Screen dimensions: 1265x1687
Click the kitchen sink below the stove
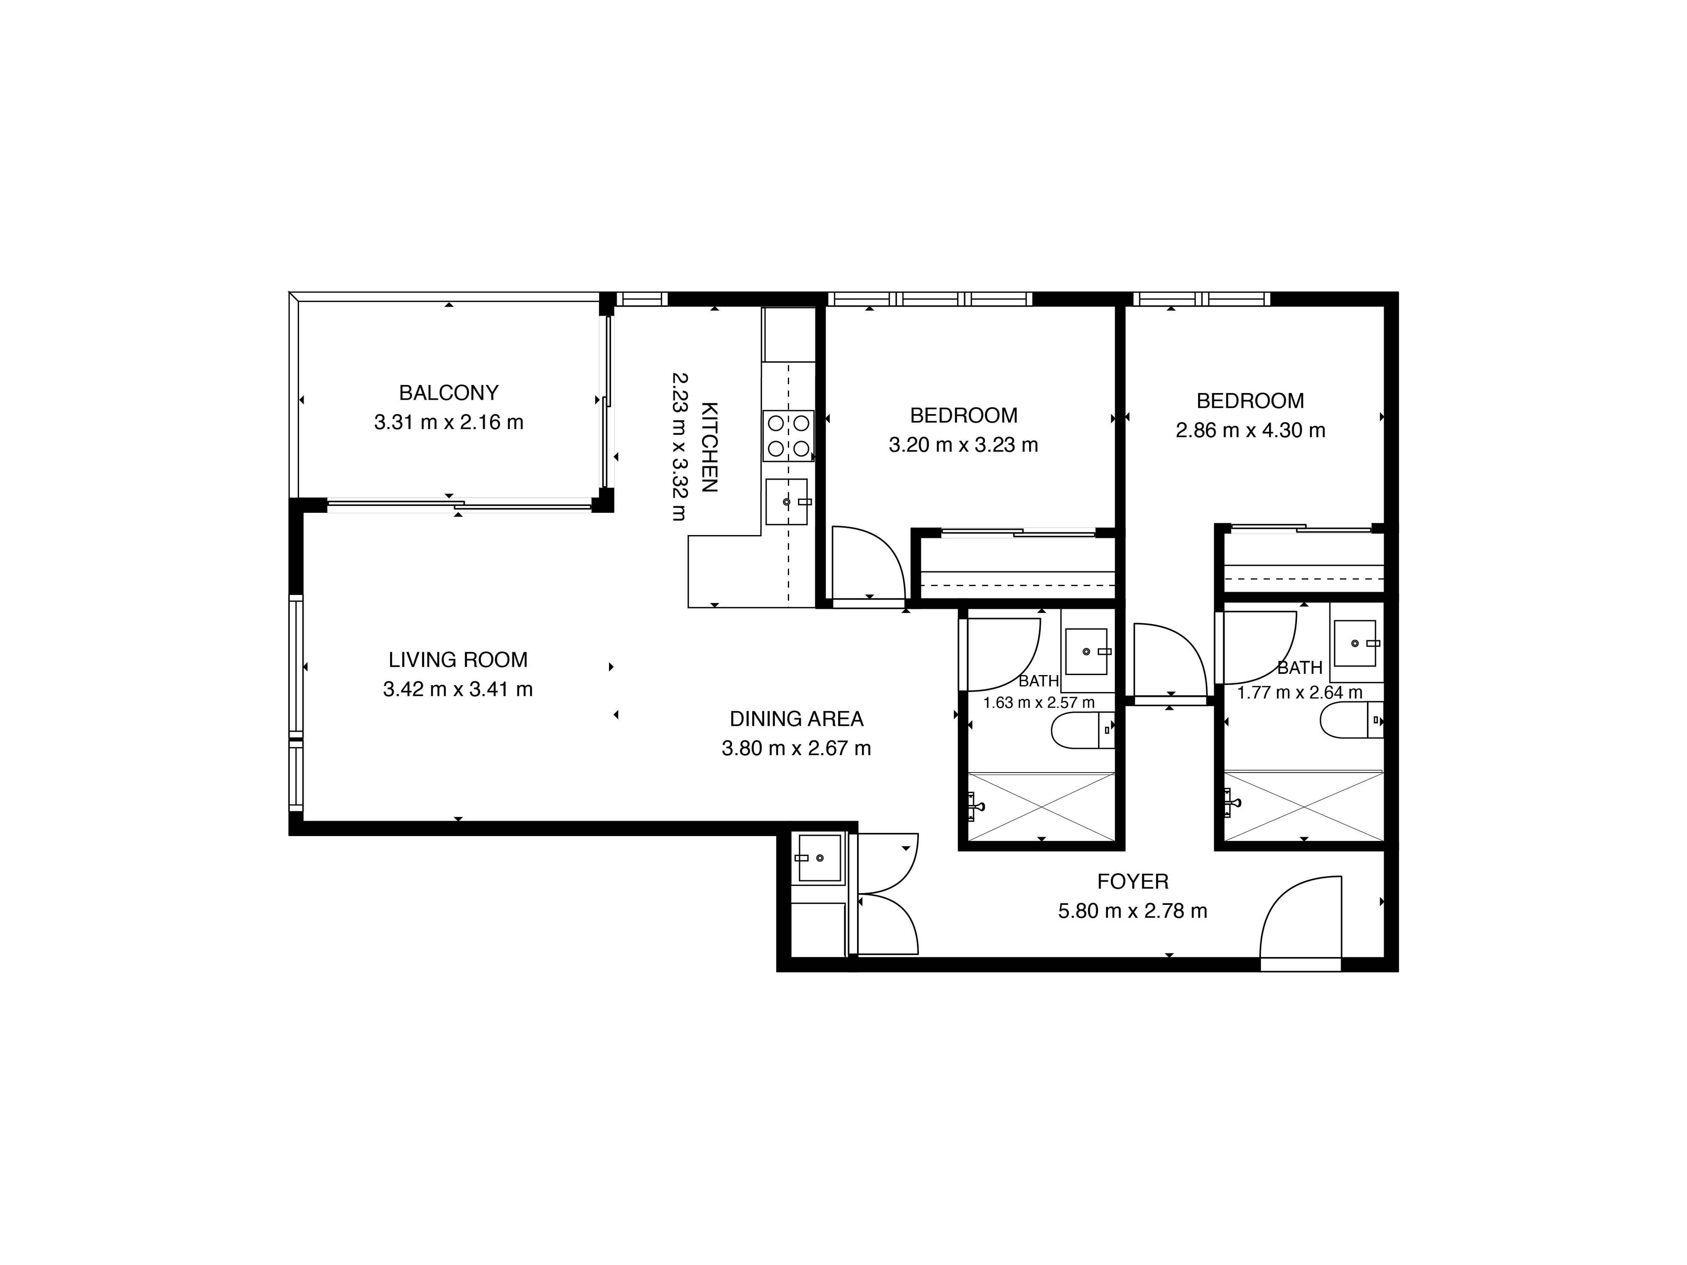click(x=786, y=502)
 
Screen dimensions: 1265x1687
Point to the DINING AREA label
click(x=796, y=719)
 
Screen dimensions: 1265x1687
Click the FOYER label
click(x=1132, y=881)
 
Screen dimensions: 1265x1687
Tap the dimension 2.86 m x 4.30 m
click(x=1250, y=431)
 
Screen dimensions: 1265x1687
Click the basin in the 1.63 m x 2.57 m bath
click(x=1086, y=651)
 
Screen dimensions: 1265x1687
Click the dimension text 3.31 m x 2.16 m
click(x=448, y=423)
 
